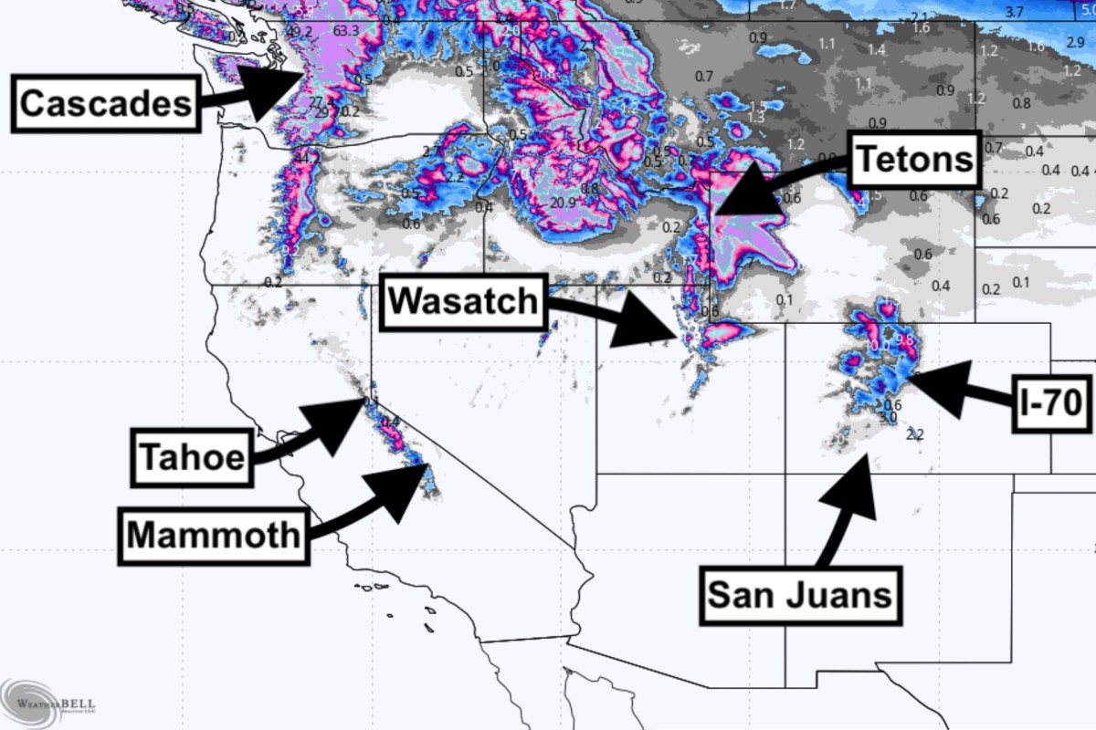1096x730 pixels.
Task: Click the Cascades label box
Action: click(106, 103)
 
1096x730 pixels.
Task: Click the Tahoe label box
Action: click(192, 456)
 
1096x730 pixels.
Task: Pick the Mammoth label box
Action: click(213, 535)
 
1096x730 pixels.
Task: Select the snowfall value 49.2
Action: click(300, 32)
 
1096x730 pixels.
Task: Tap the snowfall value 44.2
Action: click(308, 158)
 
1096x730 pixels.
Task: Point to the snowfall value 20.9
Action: click(563, 203)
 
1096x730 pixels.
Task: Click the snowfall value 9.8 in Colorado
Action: click(905, 340)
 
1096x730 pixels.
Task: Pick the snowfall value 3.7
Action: click(1014, 12)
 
